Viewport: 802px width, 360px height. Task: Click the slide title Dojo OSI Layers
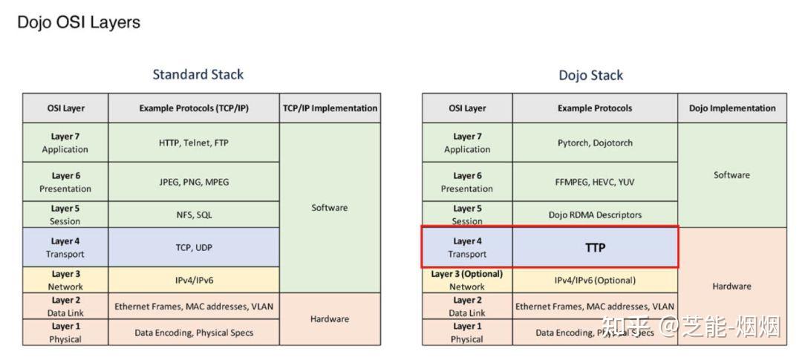pyautogui.click(x=79, y=22)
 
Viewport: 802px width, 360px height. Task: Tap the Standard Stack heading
pyautogui.click(x=198, y=74)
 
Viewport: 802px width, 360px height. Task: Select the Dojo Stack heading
pyautogui.click(x=590, y=75)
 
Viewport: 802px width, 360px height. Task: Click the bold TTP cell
pyautogui.click(x=595, y=248)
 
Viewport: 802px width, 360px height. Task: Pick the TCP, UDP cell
pyautogui.click(x=194, y=248)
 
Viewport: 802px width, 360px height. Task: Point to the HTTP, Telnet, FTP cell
pyautogui.click(x=194, y=143)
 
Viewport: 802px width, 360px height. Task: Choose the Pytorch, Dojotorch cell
pyautogui.click(x=595, y=143)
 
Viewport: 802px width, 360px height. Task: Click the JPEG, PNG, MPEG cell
pyautogui.click(x=194, y=182)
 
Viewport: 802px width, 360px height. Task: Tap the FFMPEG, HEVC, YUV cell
pyautogui.click(x=595, y=182)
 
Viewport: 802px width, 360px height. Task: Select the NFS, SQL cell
pyautogui.click(x=194, y=215)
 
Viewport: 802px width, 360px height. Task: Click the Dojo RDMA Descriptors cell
pyautogui.click(x=595, y=215)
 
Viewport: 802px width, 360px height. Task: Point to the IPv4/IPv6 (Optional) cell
pyautogui.click(x=595, y=280)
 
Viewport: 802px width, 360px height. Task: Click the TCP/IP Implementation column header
pyautogui.click(x=330, y=108)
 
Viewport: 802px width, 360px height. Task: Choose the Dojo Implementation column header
pyautogui.click(x=732, y=108)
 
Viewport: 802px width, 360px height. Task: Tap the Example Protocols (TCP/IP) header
pyautogui.click(x=194, y=108)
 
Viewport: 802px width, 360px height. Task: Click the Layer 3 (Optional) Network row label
pyautogui.click(x=467, y=280)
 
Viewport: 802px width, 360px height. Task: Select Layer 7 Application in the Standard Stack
pyautogui.click(x=65, y=143)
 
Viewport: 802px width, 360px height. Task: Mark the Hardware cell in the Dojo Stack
pyautogui.click(x=732, y=286)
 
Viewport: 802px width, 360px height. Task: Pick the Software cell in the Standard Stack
pyautogui.click(x=330, y=208)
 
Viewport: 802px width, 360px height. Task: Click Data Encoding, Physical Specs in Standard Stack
pyautogui.click(x=194, y=333)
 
